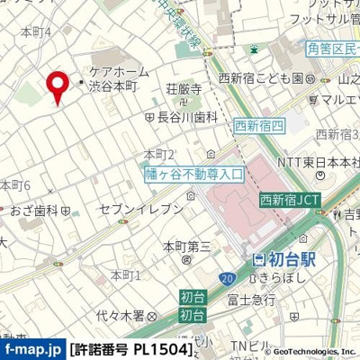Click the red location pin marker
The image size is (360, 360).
tap(58, 86)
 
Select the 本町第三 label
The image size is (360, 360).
tap(186, 245)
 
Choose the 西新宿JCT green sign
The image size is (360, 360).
tap(284, 200)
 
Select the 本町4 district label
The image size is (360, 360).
tap(35, 32)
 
